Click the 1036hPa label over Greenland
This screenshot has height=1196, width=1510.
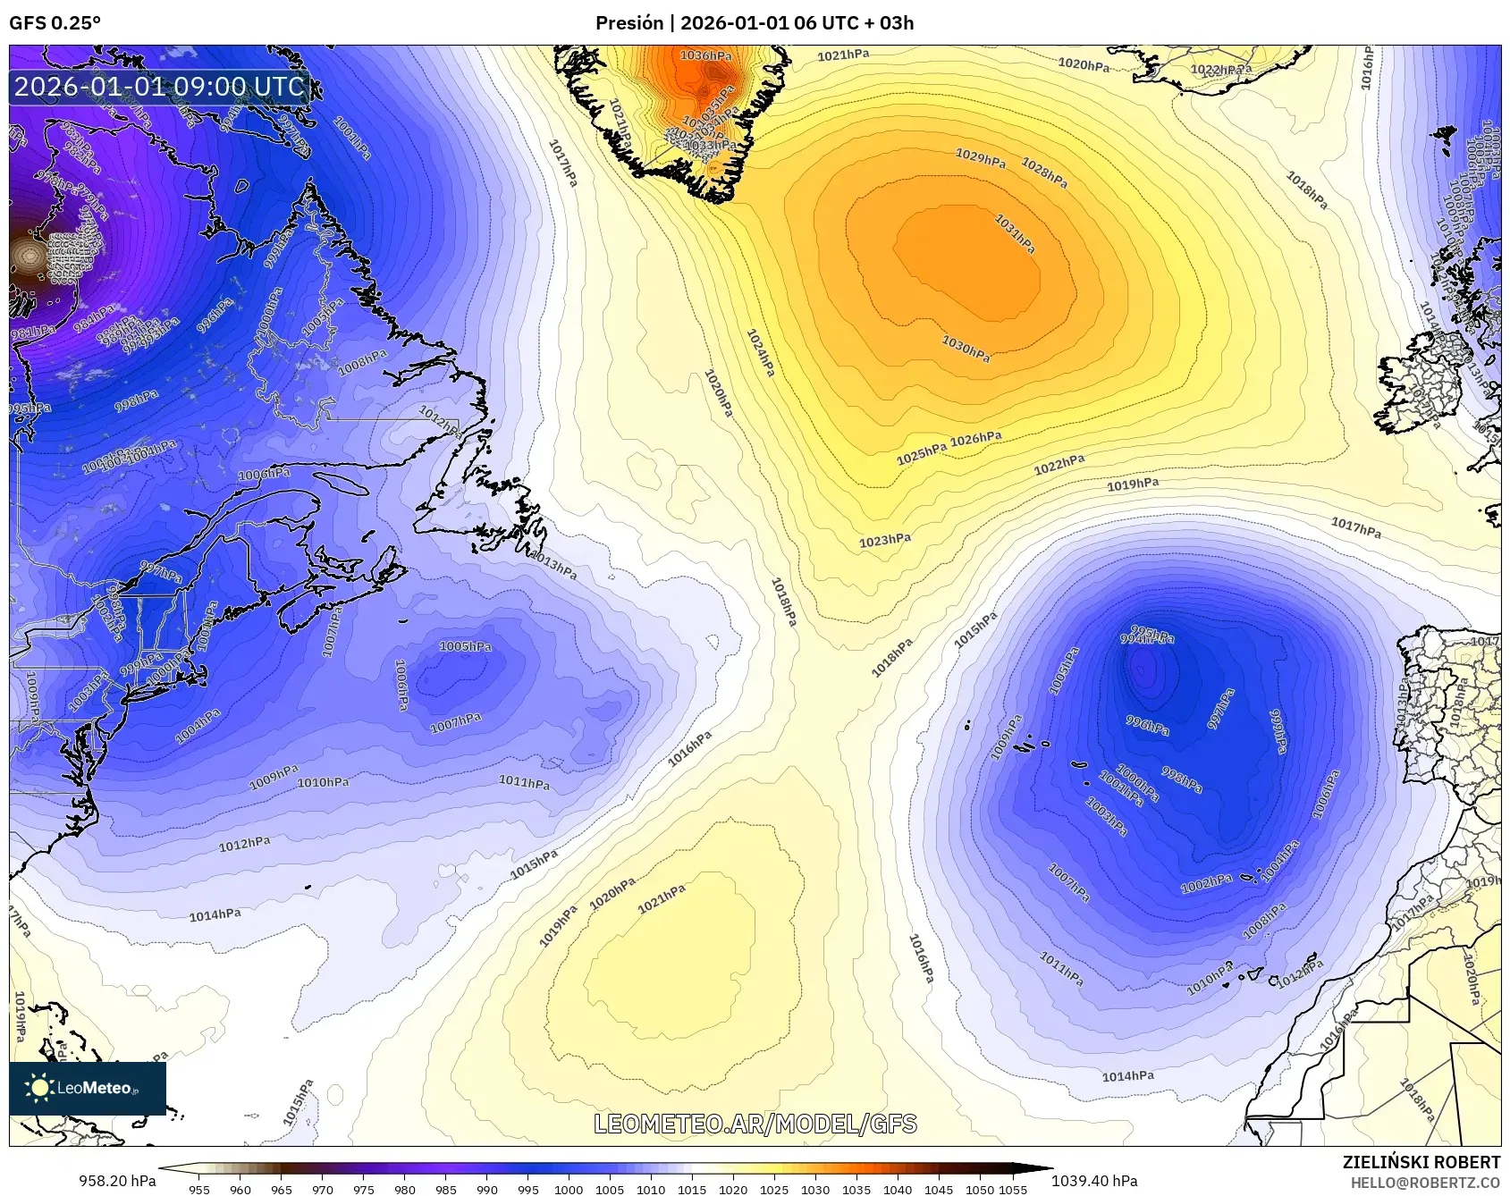tap(705, 55)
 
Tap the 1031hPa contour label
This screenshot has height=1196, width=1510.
tap(1015, 233)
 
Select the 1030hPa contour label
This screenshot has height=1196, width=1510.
tap(966, 348)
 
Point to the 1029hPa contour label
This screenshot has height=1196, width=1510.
tap(980, 158)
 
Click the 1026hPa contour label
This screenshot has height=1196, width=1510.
tap(975, 439)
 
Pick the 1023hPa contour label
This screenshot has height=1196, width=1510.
tap(885, 541)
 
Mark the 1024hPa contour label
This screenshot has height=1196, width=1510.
tap(761, 352)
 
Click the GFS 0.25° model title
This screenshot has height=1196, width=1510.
tap(55, 23)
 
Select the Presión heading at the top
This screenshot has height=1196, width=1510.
tap(629, 23)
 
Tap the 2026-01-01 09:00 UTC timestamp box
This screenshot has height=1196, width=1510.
tap(159, 87)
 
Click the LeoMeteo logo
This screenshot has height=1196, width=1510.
tap(87, 1088)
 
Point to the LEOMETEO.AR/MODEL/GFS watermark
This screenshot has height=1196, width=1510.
tap(755, 1124)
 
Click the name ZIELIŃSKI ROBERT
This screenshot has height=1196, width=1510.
tap(1421, 1162)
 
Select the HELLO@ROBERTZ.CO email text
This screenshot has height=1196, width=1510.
tap(1425, 1183)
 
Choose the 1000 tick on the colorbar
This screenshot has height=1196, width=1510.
tap(569, 1189)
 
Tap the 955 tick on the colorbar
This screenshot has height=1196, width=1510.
tap(199, 1189)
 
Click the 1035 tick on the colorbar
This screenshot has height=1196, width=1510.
tap(856, 1189)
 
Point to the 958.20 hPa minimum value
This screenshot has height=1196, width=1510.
tap(117, 1181)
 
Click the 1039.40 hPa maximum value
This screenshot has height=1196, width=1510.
tap(1094, 1181)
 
